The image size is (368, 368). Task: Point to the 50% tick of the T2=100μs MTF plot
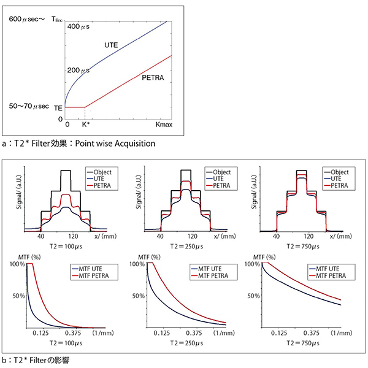17,296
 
